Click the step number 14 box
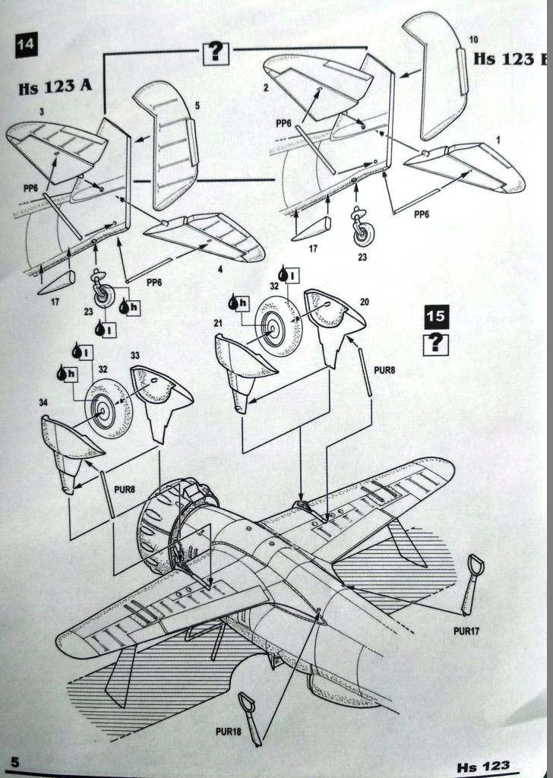pos(24,44)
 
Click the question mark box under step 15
pos(435,343)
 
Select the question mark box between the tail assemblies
pos(216,52)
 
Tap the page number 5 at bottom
pos(14,761)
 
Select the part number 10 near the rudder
pos(472,39)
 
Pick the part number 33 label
pos(134,355)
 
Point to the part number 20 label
pos(364,302)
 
